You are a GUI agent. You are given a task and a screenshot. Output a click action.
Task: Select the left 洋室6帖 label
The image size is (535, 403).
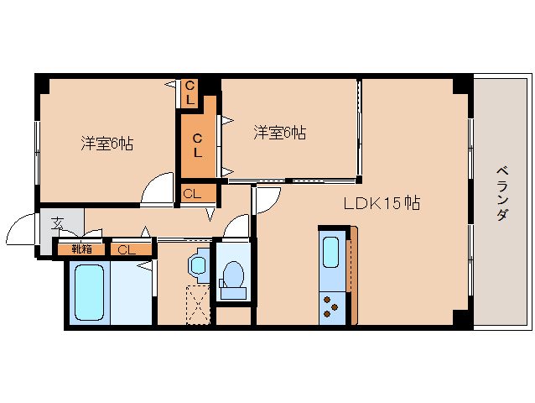point(106,144)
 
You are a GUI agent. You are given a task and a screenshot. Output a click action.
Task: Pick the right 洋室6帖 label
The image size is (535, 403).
point(279,133)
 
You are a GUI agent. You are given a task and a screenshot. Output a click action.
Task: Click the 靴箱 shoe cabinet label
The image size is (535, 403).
point(81,249)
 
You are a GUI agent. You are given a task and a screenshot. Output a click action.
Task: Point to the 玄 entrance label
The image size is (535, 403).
point(58,223)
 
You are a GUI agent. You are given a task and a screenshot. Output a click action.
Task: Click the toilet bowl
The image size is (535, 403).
point(231,275)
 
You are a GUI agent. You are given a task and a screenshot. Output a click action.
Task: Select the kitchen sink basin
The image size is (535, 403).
point(331,252)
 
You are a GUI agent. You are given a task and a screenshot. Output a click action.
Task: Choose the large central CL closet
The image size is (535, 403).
point(198,144)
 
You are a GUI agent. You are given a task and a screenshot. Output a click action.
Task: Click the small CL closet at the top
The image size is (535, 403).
point(190,92)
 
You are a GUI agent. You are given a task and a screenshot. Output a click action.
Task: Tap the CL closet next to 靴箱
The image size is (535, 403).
point(127,249)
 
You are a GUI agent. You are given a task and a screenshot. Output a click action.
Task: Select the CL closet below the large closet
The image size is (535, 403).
point(192,194)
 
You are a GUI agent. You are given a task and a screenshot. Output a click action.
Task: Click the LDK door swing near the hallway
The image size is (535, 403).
point(266,199)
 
